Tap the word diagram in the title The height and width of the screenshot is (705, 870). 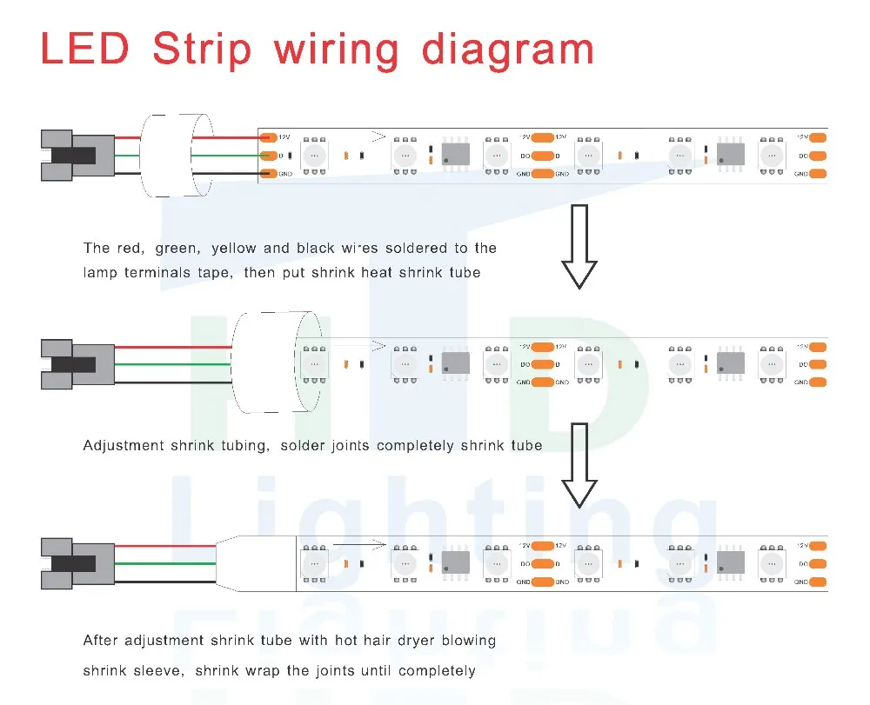pos(508,50)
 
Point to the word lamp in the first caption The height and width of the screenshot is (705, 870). pos(101,273)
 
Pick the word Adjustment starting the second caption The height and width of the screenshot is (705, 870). pos(124,446)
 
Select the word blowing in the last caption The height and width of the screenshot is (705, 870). pos(468,642)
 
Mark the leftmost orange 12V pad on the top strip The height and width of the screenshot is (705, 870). pos(269,137)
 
